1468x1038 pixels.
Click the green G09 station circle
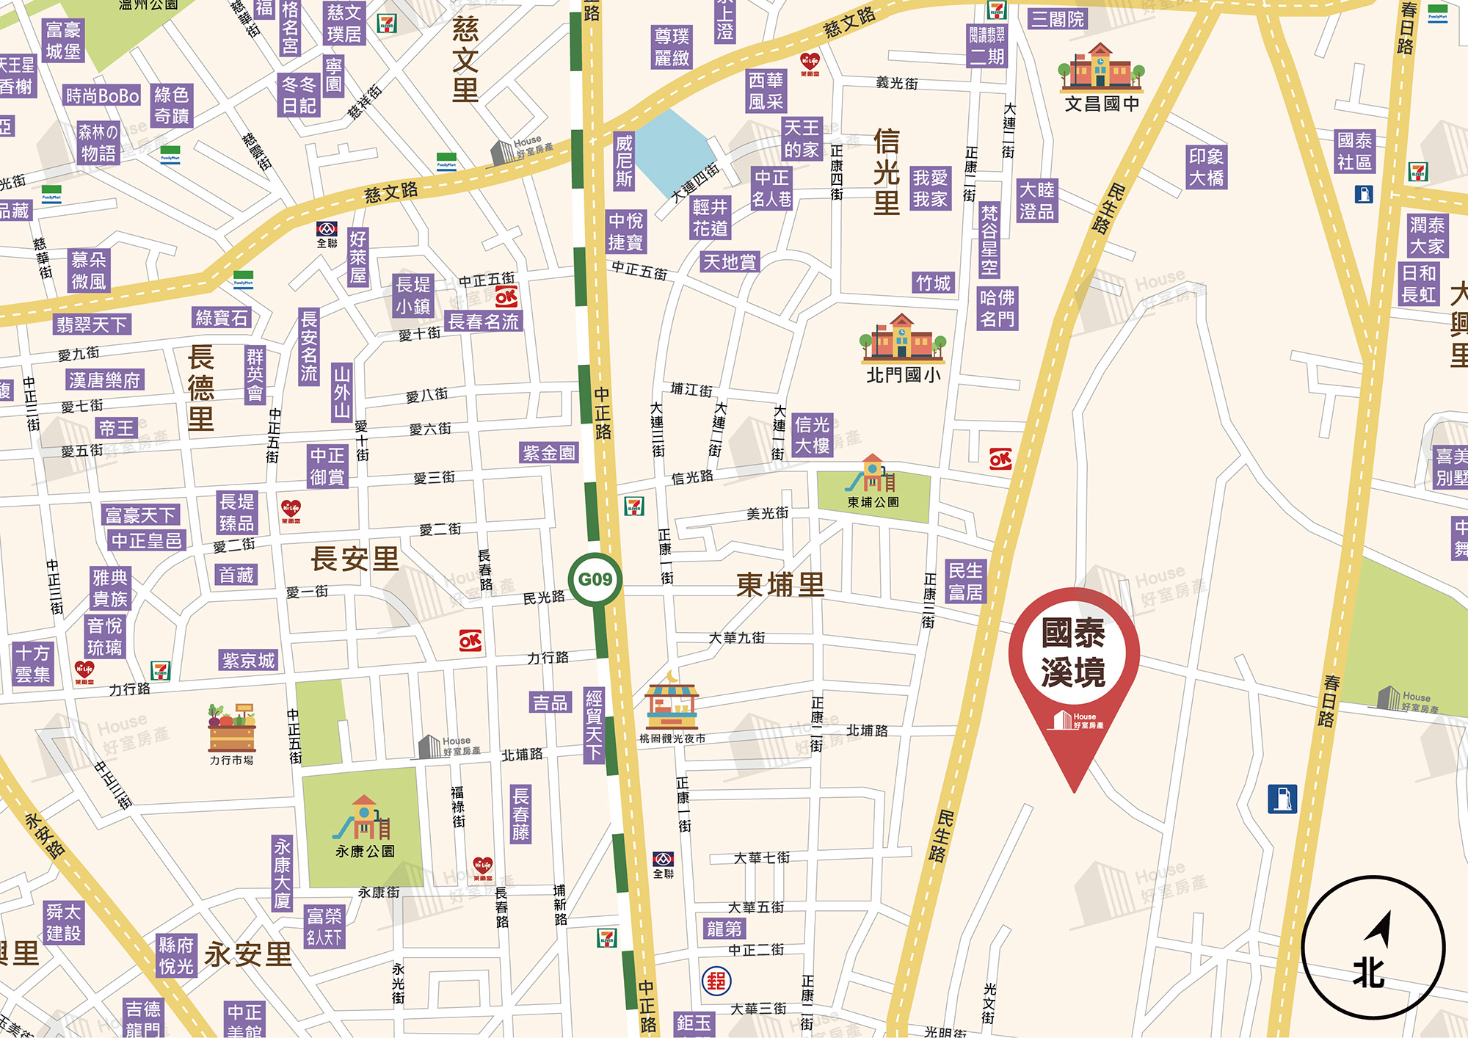pyautogui.click(x=595, y=579)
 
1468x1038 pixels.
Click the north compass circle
pyautogui.click(x=1373, y=948)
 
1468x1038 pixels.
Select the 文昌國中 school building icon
pyautogui.click(x=1100, y=67)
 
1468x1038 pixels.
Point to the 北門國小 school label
pyautogui.click(x=903, y=375)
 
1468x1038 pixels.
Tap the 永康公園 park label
pyautogui.click(x=365, y=852)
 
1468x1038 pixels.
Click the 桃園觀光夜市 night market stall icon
pyautogui.click(x=671, y=703)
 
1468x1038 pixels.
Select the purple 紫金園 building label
pyautogui.click(x=549, y=453)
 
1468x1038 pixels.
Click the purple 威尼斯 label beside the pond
pyautogui.click(x=624, y=161)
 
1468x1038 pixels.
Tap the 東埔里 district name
pyautogui.click(x=780, y=585)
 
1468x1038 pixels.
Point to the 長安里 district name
pyautogui.click(x=355, y=559)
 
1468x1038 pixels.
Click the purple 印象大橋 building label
pyautogui.click(x=1206, y=167)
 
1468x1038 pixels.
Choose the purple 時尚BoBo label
pyautogui.click(x=102, y=95)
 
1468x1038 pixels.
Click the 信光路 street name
pyautogui.click(x=692, y=478)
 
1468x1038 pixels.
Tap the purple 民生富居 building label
pyautogui.click(x=965, y=581)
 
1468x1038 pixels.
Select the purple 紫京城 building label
pyautogui.click(x=248, y=661)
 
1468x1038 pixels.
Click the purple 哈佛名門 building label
pyautogui.click(x=997, y=308)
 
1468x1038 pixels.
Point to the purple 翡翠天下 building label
pyautogui.click(x=92, y=324)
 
